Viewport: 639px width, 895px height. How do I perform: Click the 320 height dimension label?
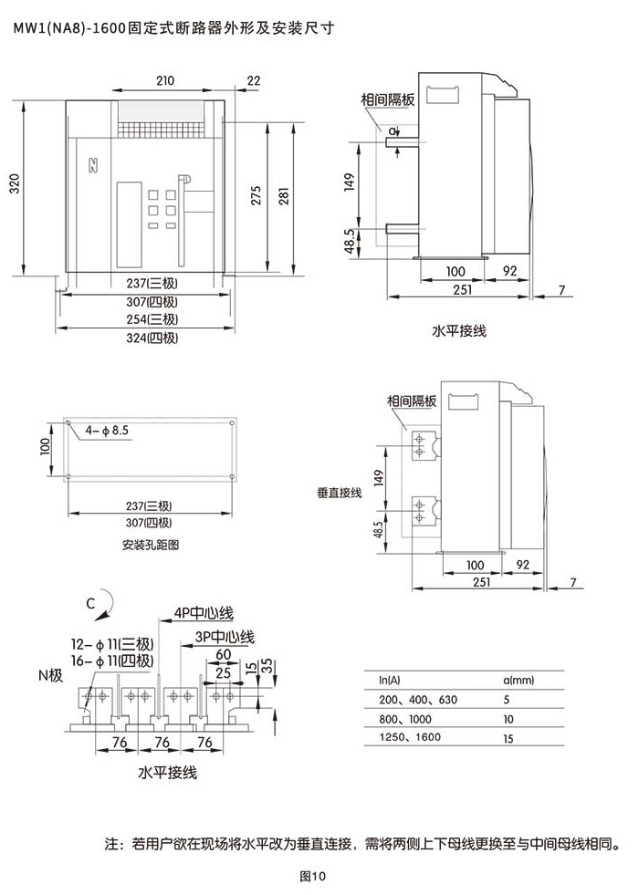[x=15, y=183]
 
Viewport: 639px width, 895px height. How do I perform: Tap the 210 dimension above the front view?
[x=165, y=80]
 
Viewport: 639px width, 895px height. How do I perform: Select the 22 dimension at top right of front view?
[x=254, y=80]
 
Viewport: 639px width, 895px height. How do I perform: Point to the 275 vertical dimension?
[x=257, y=195]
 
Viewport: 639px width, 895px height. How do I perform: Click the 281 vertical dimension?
[x=284, y=195]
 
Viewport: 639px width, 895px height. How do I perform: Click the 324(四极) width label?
[x=152, y=338]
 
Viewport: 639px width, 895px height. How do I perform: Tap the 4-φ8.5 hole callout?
[x=107, y=431]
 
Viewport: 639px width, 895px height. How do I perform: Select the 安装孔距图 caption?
[x=151, y=545]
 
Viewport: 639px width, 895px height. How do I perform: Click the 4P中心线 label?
[x=204, y=613]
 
